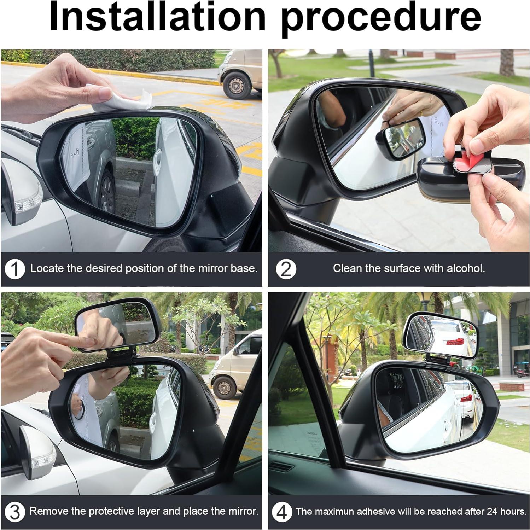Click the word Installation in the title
pos(157,17)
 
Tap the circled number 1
pos(15,269)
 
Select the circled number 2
pos(286,269)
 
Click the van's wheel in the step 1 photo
pos(236,85)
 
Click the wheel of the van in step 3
pos(224,388)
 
